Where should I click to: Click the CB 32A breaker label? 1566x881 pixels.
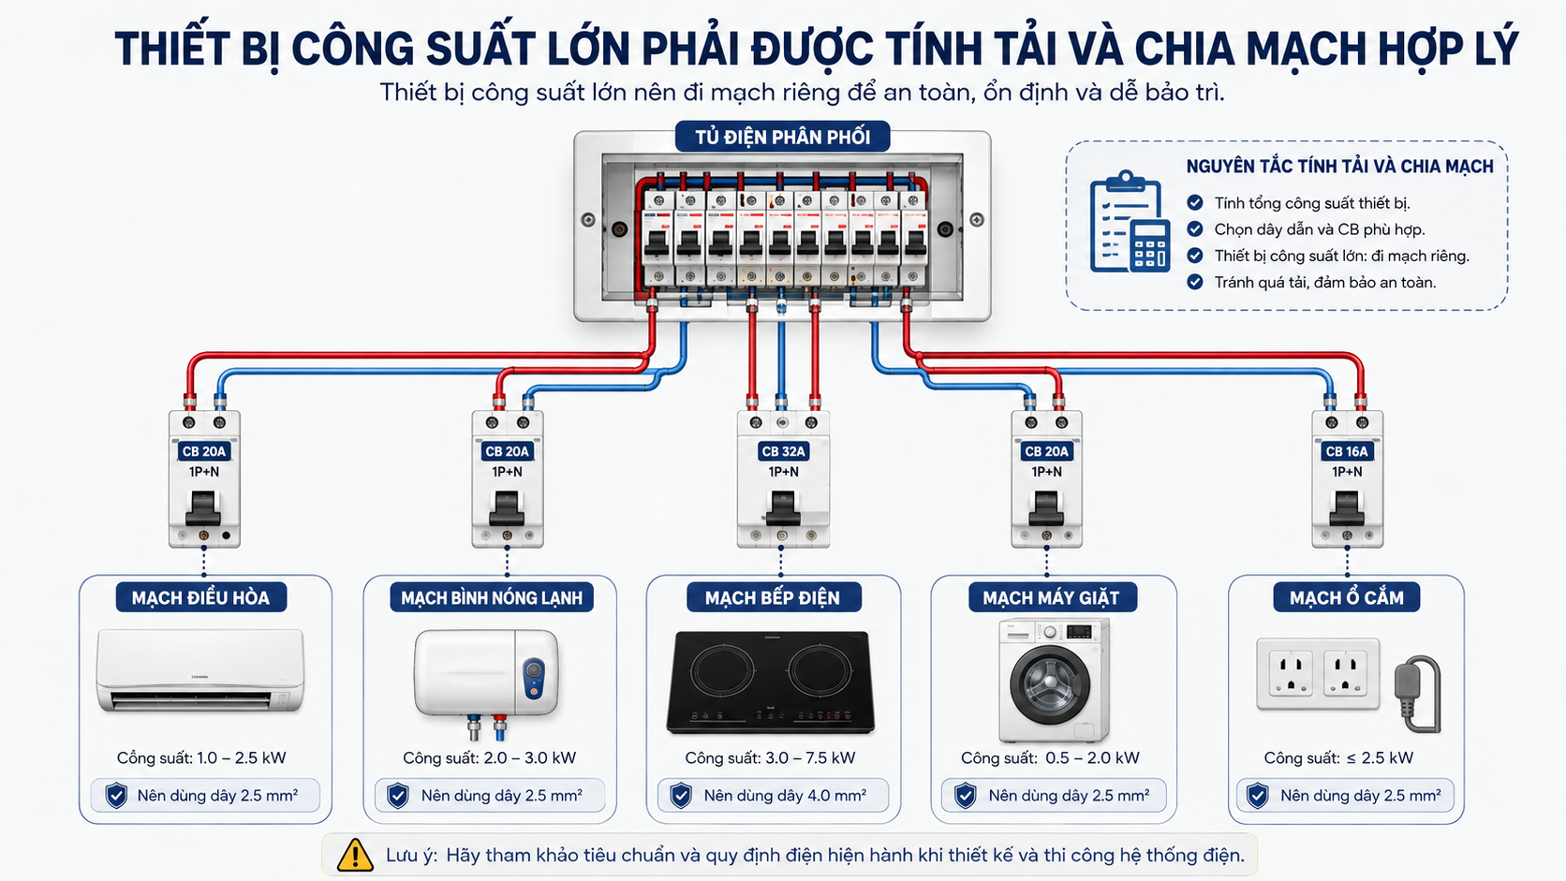coord(783,451)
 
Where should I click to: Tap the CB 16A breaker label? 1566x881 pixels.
coord(1347,451)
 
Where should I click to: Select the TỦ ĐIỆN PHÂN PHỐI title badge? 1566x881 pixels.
coord(782,137)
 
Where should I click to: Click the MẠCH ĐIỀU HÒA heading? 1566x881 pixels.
coord(200,597)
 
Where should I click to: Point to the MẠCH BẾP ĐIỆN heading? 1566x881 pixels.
coord(773,597)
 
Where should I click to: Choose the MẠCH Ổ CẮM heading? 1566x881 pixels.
coord(1347,597)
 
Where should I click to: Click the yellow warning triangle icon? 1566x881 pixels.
coord(355,855)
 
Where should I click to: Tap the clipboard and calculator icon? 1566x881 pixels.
coord(1130,222)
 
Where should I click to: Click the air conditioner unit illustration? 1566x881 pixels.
coord(200,670)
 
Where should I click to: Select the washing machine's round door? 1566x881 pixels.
coord(1049,684)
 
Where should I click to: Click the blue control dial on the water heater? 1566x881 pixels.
coord(534,677)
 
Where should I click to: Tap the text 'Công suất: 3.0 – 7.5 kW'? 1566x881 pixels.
coord(770,758)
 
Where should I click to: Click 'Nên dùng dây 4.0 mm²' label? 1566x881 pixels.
coord(785,795)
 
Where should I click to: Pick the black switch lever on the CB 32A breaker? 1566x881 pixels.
coord(783,508)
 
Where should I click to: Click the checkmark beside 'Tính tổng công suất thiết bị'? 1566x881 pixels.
coord(1195,202)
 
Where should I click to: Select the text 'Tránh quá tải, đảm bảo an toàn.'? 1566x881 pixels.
coord(1324,282)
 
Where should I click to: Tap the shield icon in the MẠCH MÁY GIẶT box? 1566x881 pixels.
coord(965,795)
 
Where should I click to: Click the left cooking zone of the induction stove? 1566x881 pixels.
coord(722,669)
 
